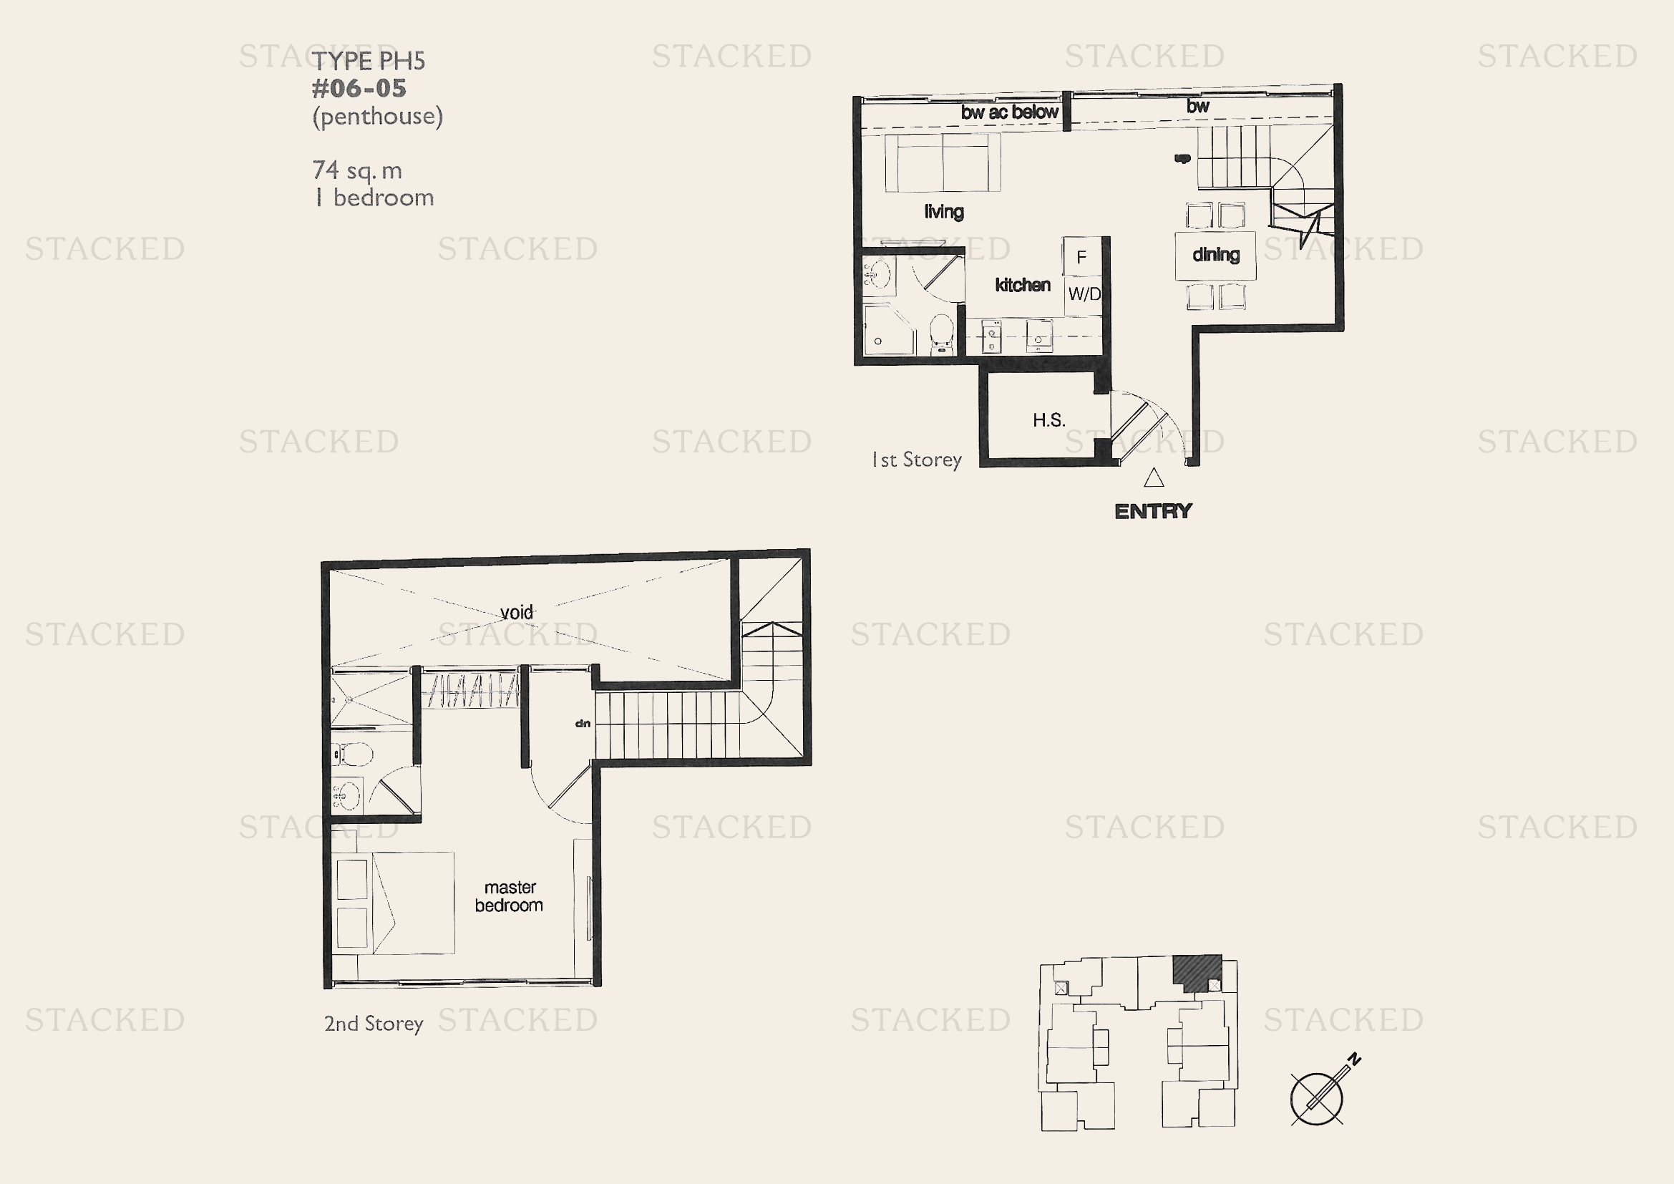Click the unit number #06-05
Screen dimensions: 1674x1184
coord(359,88)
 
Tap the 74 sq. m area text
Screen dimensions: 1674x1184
coord(357,170)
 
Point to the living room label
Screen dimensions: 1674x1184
coord(944,211)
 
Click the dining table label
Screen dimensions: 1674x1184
coord(1215,254)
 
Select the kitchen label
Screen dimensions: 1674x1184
coord(1022,284)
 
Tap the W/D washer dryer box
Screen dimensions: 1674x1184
coord(1084,294)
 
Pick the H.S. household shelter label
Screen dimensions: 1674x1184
coord(1049,420)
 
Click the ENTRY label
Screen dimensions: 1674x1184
coord(1154,511)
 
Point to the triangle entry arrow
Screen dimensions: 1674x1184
coord(1154,477)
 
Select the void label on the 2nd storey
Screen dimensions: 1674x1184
coord(517,611)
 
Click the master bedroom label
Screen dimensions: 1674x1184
coord(509,896)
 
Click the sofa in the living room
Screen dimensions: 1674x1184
coord(943,162)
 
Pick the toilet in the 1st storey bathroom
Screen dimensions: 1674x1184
coord(941,334)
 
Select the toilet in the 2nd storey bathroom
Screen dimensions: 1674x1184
coord(353,754)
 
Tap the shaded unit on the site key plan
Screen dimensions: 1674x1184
coord(1197,972)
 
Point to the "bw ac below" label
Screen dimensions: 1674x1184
coord(1010,112)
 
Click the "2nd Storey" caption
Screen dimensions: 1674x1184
coord(374,1024)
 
